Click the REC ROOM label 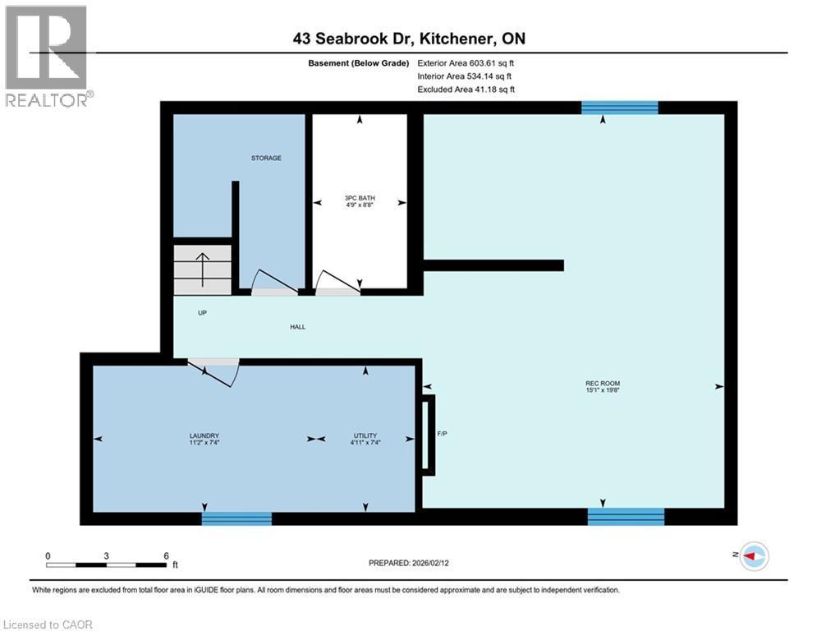(x=603, y=384)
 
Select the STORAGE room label (x=266, y=158)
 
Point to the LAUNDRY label (x=203, y=435)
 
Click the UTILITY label (x=365, y=435)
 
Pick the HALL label (x=297, y=327)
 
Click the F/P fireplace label (x=441, y=432)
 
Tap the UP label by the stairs (x=201, y=313)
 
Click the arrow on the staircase (x=202, y=266)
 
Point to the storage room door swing (x=273, y=282)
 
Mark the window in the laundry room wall (x=236, y=518)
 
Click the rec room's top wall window (x=620, y=107)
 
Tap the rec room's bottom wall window (x=626, y=516)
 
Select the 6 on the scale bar (x=166, y=555)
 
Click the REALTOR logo (x=48, y=56)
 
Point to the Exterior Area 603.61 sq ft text (x=466, y=62)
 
